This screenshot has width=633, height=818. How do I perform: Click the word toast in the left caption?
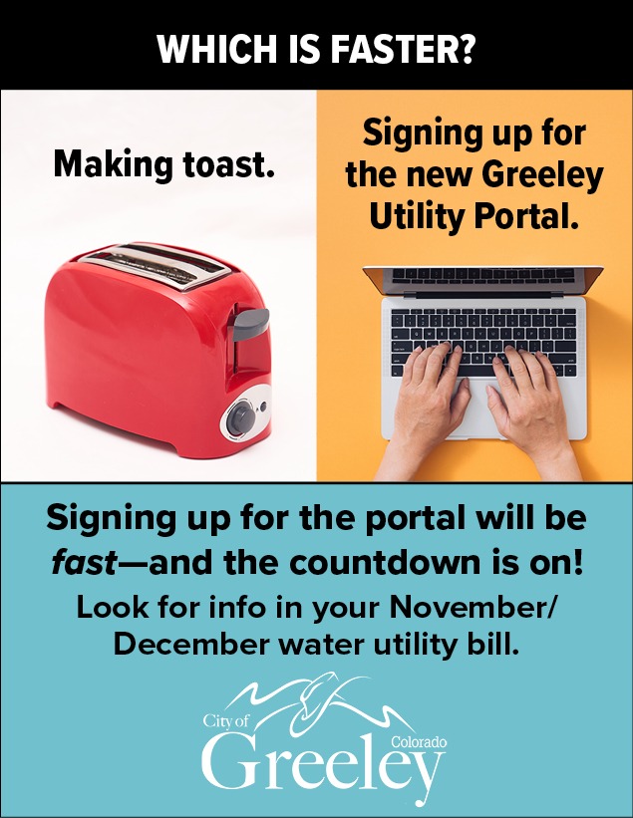point(227,163)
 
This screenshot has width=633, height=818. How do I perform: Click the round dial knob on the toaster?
point(241,416)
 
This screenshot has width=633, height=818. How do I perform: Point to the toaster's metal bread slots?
point(156,264)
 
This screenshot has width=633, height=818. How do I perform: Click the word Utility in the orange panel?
point(417,219)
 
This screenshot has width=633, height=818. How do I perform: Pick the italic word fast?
point(84,562)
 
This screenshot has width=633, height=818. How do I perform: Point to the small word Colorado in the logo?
point(418,741)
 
